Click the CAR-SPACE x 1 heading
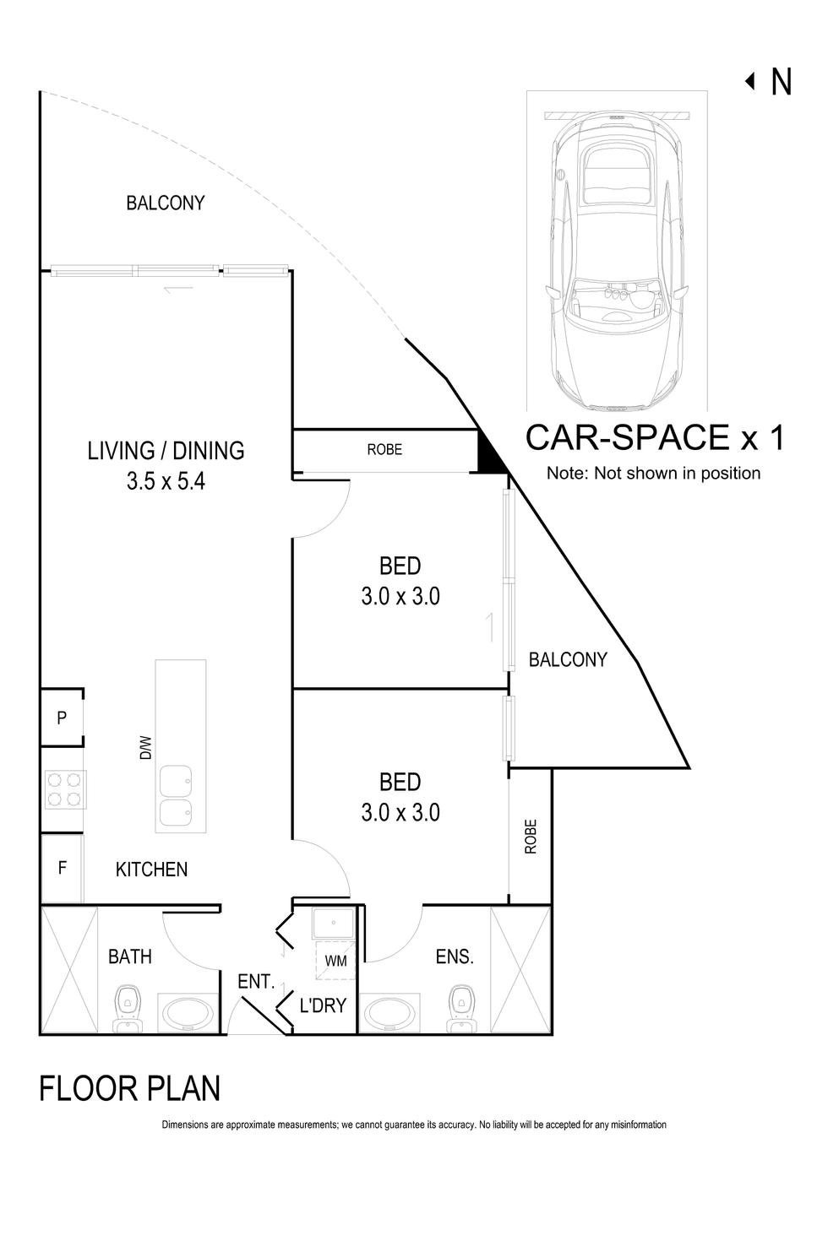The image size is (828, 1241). tap(655, 438)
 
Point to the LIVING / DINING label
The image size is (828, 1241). tap(166, 450)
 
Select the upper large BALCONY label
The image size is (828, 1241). tap(165, 203)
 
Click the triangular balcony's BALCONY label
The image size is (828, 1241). tap(567, 659)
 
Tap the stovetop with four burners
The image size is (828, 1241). tap(64, 789)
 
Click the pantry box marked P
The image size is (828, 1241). tap(62, 718)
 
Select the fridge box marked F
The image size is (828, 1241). tap(62, 868)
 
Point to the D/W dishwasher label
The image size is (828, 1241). tap(145, 747)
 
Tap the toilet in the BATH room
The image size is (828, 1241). tap(128, 1006)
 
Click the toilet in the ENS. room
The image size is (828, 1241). tap(461, 1006)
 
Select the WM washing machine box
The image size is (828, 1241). tap(335, 961)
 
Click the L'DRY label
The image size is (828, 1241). tap(324, 1005)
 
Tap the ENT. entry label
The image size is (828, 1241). tap(256, 982)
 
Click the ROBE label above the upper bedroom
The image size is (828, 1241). tap(384, 450)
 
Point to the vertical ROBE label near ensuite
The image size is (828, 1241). tap(531, 836)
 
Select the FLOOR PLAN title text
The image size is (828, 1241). tap(130, 1088)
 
